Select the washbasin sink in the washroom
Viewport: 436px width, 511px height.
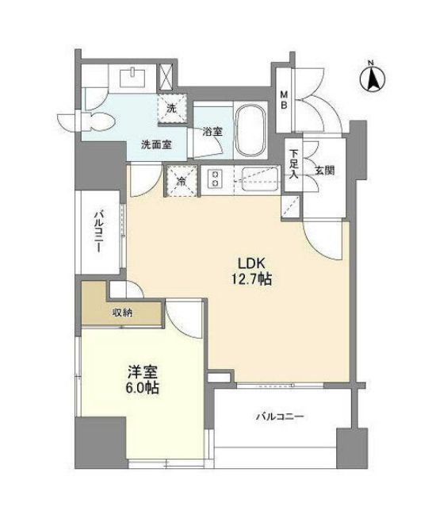[132, 78]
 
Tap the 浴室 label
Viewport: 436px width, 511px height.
[212, 131]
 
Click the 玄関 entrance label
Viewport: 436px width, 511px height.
[323, 169]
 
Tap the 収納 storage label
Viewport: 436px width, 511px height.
[121, 313]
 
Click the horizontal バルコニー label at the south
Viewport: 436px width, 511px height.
[281, 417]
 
